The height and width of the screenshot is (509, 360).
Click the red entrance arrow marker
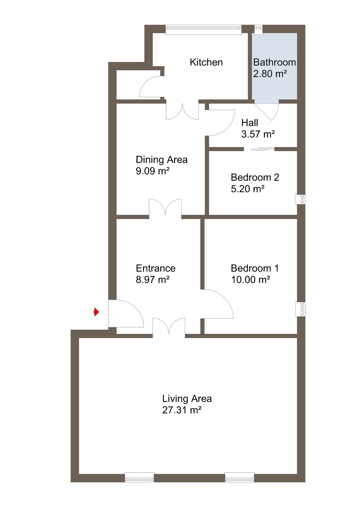[x=96, y=312]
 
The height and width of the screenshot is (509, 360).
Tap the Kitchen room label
[x=206, y=62]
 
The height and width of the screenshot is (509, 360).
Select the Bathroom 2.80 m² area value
[x=270, y=74]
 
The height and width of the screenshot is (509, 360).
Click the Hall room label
[x=250, y=123]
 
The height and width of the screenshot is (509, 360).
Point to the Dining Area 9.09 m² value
[x=153, y=171]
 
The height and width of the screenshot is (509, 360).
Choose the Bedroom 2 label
[x=255, y=177]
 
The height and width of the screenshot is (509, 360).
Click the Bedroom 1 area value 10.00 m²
[x=250, y=279]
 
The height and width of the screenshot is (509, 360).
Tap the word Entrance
[x=156, y=268]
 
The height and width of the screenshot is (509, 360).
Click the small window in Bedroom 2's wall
[x=301, y=199]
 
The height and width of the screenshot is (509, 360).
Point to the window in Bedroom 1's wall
[x=301, y=309]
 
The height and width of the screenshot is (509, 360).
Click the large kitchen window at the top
[x=203, y=29]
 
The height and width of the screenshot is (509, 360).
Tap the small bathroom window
[x=258, y=30]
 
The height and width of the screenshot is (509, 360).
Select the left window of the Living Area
[x=139, y=477]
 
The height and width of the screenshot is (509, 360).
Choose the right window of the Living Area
[x=239, y=477]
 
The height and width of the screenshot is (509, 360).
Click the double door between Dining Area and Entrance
[x=165, y=207]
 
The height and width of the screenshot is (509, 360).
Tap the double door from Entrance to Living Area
[x=169, y=326]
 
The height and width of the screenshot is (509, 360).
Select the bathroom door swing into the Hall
[x=267, y=112]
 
